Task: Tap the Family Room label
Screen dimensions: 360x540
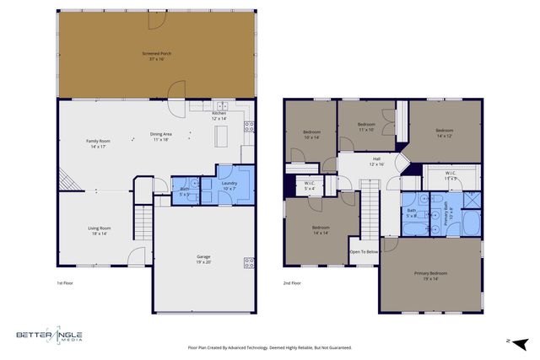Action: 99,143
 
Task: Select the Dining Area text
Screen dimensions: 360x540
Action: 162,137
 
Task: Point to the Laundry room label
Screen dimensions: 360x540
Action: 229,185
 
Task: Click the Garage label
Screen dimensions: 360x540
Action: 204,259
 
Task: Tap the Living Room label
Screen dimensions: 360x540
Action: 100,230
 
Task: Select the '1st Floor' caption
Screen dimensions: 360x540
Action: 65,283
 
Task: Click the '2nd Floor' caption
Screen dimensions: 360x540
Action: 292,283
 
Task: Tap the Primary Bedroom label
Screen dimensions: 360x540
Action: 430,276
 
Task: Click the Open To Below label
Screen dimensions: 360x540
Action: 364,251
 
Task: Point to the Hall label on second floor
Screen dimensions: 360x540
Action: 377,162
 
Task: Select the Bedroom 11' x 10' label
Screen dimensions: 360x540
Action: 366,126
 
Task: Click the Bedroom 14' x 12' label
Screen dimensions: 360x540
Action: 445,132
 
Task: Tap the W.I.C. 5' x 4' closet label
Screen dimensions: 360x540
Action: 310,187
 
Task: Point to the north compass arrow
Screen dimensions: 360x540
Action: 520,341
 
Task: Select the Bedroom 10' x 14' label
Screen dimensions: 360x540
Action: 311,134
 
